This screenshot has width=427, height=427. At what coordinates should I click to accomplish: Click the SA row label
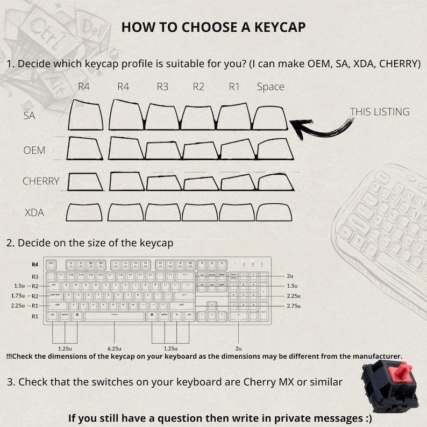pyautogui.click(x=30, y=115)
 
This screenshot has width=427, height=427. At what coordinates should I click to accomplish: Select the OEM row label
pyautogui.click(x=34, y=150)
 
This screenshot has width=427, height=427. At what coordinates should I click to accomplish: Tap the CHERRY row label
pyautogui.click(x=41, y=181)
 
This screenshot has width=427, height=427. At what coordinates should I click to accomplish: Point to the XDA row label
pyautogui.click(x=34, y=213)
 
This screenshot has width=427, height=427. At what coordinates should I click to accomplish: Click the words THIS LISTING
pyautogui.click(x=380, y=112)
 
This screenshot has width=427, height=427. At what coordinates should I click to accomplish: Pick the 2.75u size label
pyautogui.click(x=293, y=305)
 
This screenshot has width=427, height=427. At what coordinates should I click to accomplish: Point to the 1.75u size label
pyautogui.click(x=18, y=296)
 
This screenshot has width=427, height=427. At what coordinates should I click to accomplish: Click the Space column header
pyautogui.click(x=271, y=87)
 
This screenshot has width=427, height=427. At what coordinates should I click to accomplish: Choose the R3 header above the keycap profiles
pyautogui.click(x=163, y=87)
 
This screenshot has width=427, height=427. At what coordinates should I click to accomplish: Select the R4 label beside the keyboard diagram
pyautogui.click(x=35, y=265)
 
